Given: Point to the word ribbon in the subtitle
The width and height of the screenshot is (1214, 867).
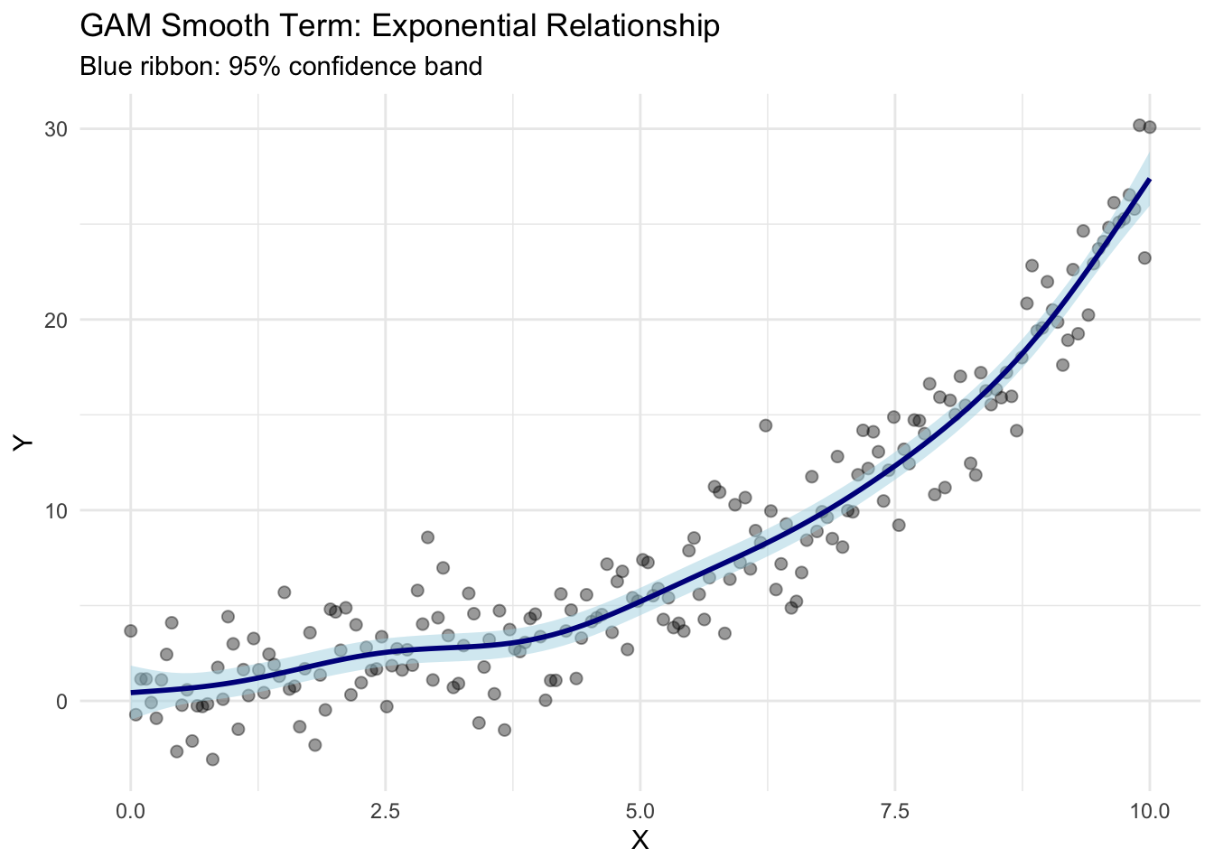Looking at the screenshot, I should (177, 67).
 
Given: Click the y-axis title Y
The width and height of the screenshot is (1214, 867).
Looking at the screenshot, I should (23, 442).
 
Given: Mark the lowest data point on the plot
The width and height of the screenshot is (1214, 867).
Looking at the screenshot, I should (212, 760).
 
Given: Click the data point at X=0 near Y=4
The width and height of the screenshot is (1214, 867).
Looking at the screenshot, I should (131, 630).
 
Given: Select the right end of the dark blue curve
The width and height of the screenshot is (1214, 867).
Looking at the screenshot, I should (1149, 179).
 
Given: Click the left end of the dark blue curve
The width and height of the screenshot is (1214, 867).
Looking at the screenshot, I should (132, 693).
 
